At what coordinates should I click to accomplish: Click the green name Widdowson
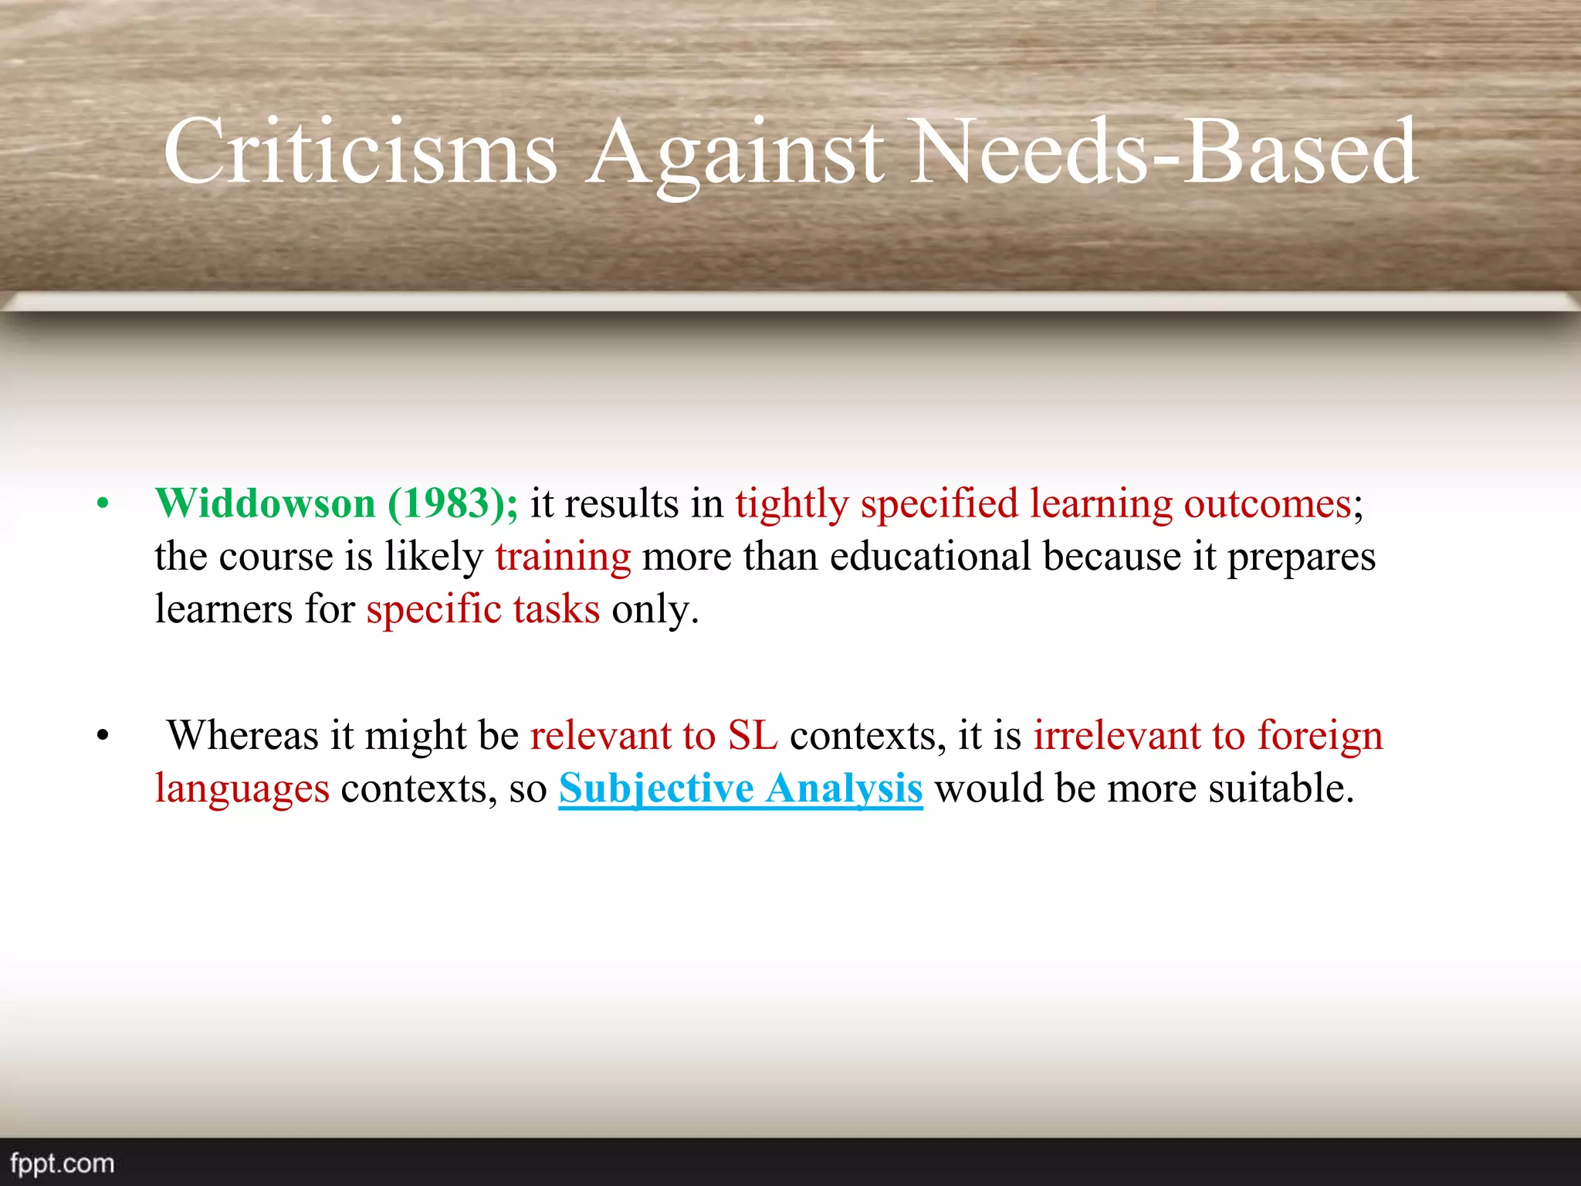pyautogui.click(x=265, y=503)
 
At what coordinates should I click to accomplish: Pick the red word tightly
pyautogui.click(x=792, y=503)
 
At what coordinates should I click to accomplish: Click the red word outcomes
pyautogui.click(x=1268, y=503)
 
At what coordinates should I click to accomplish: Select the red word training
pyautogui.click(x=563, y=557)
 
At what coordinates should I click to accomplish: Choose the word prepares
pyautogui.click(x=1301, y=557)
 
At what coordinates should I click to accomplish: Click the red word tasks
pyautogui.click(x=556, y=609)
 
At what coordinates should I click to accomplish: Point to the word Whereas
pyautogui.click(x=242, y=735)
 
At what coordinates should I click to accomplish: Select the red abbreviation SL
pyautogui.click(x=753, y=735)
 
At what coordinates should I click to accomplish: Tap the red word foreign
pyautogui.click(x=1320, y=735)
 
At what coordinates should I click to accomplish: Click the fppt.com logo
pyautogui.click(x=63, y=1163)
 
